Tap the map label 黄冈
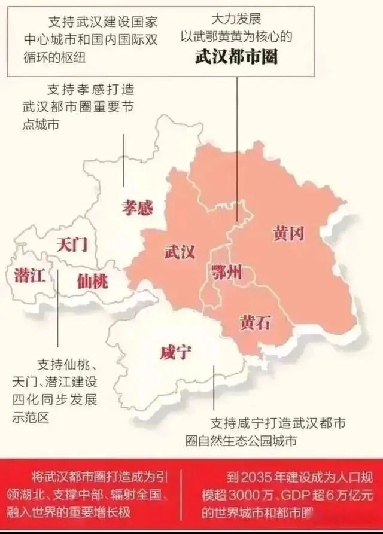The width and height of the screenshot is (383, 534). click(288, 233)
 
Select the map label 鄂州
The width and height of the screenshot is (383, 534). click(227, 272)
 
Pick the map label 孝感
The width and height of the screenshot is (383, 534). click(137, 208)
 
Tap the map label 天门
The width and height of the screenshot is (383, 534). click(72, 244)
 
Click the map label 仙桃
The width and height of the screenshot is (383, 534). click(92, 280)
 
